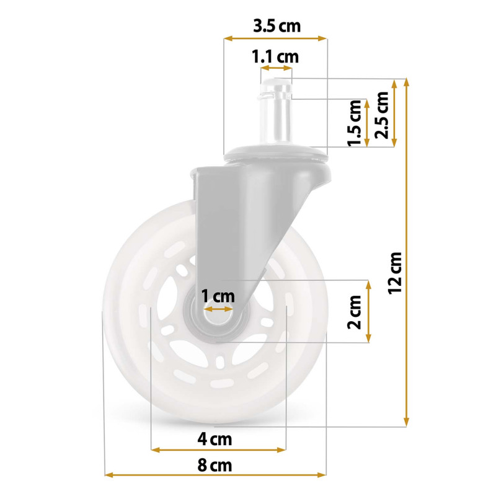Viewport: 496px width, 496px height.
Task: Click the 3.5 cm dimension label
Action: point(277,26)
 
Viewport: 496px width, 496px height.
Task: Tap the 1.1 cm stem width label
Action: point(275,57)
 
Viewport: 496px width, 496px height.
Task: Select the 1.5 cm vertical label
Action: point(354,123)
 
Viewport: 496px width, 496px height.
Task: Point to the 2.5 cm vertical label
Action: point(381,115)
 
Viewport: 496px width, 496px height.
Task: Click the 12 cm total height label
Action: point(394,273)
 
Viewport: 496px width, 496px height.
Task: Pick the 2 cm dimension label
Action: point(354,312)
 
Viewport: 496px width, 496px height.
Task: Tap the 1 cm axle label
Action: point(218,296)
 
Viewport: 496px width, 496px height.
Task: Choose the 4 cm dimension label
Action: point(215,439)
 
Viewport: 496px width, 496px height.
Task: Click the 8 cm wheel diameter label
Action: point(215,466)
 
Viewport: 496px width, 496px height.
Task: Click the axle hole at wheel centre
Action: point(218,317)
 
